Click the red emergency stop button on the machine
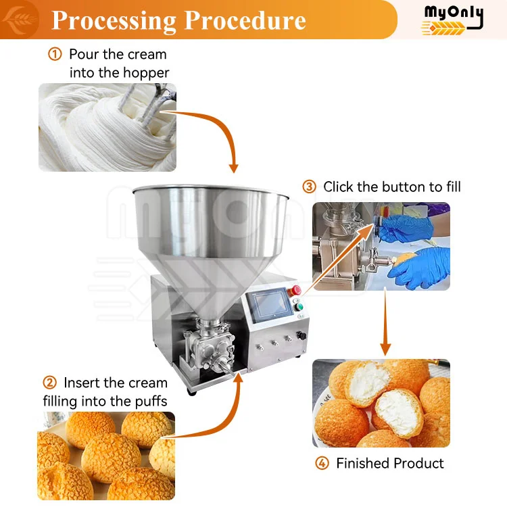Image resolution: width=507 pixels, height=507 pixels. [295, 291]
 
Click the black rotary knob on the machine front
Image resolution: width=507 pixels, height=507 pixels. [303, 334]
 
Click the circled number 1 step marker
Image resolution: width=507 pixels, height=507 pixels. [55, 54]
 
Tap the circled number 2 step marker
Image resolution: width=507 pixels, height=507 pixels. [49, 383]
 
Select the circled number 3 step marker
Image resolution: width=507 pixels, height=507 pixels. [309, 187]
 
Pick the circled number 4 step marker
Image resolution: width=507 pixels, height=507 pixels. [322, 464]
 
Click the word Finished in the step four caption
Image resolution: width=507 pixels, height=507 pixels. [365, 464]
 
